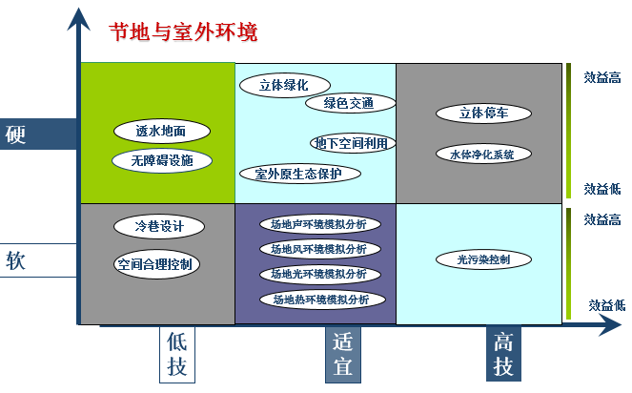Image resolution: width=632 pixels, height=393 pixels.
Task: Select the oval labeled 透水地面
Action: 159,131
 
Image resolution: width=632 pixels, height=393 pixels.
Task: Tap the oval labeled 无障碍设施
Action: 161,160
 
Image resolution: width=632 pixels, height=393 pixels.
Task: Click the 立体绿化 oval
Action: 283,85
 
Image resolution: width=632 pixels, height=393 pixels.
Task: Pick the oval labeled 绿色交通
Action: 347,103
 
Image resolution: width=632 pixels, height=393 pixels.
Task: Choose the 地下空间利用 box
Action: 351,143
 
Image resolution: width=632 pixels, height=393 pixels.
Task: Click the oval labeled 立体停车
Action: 482,113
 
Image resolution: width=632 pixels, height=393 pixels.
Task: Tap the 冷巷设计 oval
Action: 158,227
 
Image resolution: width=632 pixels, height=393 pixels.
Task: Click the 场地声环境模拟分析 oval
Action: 318,225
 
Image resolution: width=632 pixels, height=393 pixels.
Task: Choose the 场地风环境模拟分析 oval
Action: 318,249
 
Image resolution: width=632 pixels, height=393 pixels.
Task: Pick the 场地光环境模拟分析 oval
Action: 318,274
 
